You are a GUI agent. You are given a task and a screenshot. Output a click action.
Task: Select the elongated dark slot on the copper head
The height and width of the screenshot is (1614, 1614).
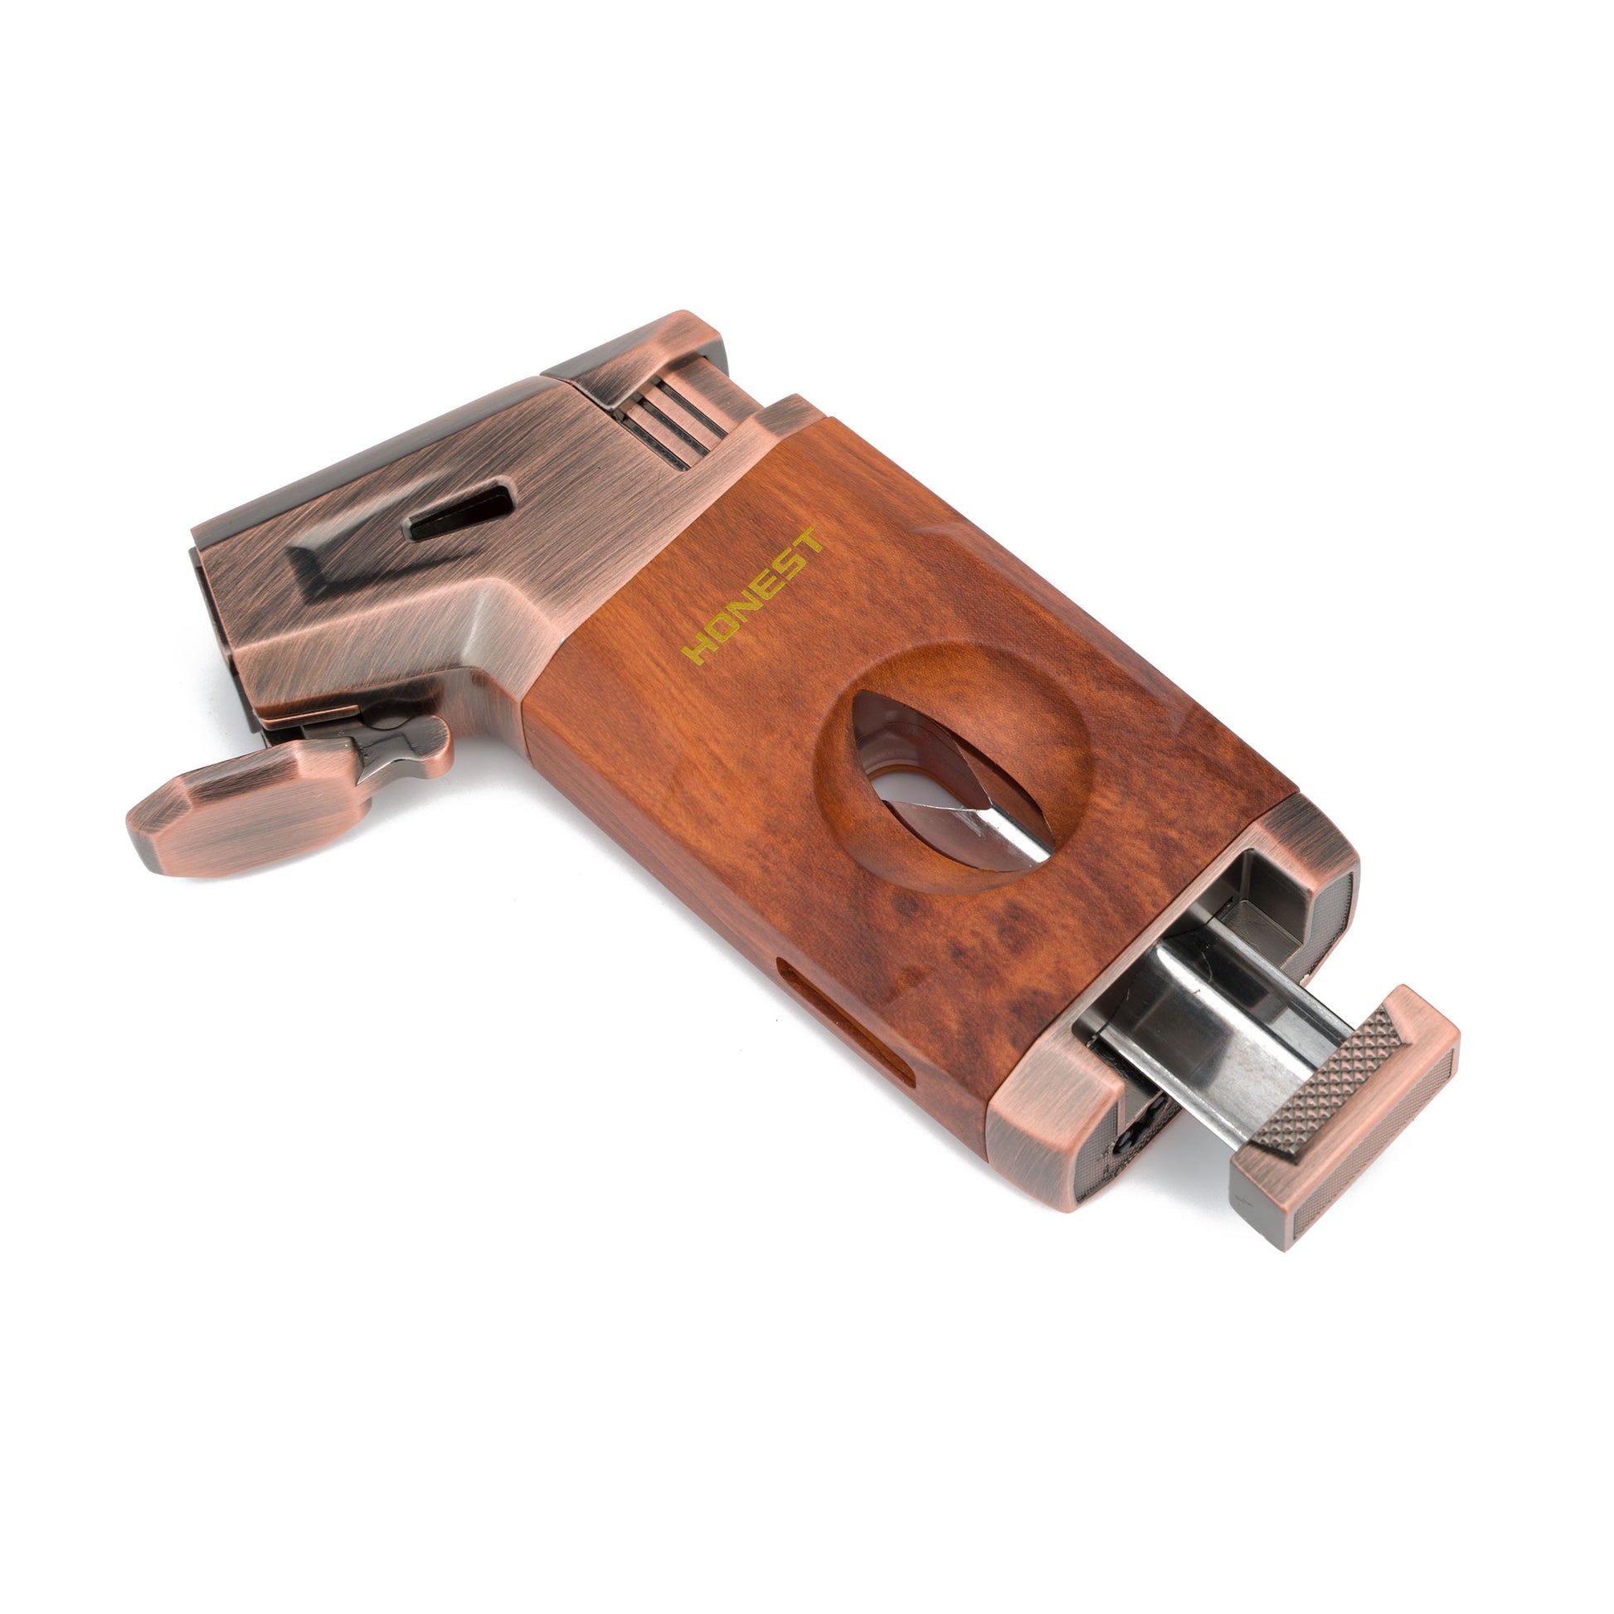459,512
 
